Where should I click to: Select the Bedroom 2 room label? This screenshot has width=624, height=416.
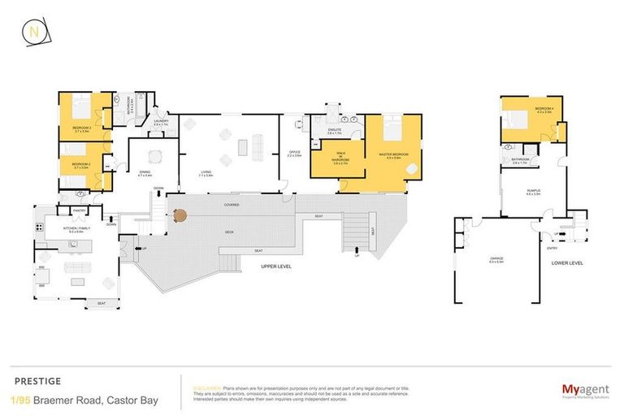tap(80, 165)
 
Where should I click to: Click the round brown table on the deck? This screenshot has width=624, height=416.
tap(179, 216)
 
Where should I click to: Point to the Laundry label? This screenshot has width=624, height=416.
tap(160, 123)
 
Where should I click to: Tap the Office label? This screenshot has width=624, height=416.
tap(294, 153)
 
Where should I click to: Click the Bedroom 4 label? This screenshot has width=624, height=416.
tap(544, 110)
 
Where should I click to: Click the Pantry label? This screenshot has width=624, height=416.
tap(80, 210)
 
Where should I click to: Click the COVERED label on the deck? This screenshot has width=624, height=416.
tap(232, 206)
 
